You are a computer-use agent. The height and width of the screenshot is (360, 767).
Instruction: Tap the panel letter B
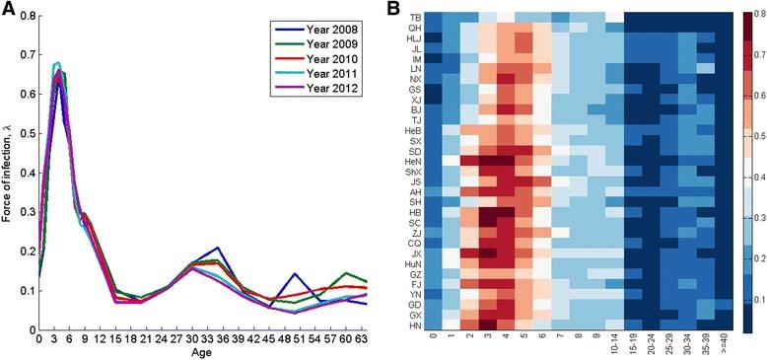point(391,9)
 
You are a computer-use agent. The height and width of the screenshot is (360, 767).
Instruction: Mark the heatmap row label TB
point(416,17)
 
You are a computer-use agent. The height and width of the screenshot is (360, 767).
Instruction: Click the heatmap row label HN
point(416,325)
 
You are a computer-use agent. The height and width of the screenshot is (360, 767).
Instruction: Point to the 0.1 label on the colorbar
point(758,299)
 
